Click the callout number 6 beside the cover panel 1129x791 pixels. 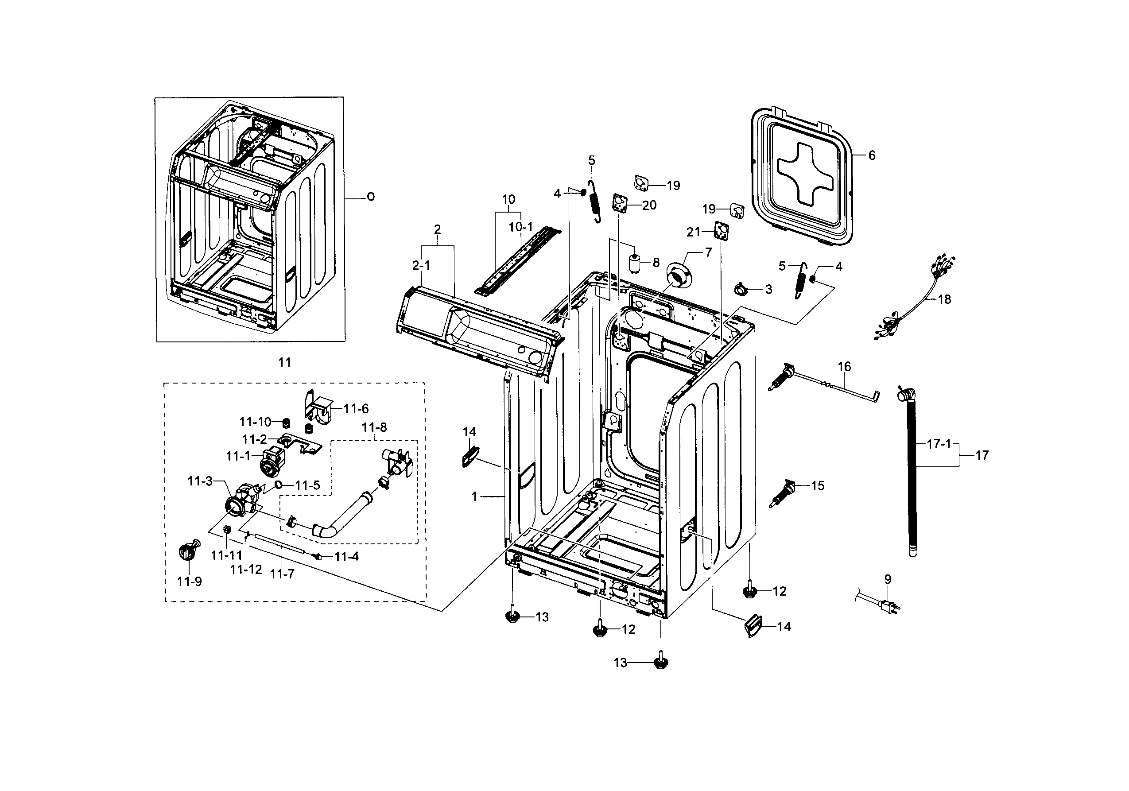[x=872, y=155]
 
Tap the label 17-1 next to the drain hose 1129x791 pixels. [x=939, y=444]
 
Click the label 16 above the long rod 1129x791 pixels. [x=844, y=367]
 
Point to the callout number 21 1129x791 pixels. [x=693, y=232]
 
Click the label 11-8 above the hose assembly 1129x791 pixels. [x=374, y=427]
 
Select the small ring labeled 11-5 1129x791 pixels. [x=279, y=485]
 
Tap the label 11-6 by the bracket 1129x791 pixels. [x=356, y=408]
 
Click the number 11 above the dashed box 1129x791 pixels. [x=285, y=362]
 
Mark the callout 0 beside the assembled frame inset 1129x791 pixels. [x=371, y=197]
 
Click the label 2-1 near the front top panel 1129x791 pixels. [x=421, y=265]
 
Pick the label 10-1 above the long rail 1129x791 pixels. [x=521, y=227]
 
